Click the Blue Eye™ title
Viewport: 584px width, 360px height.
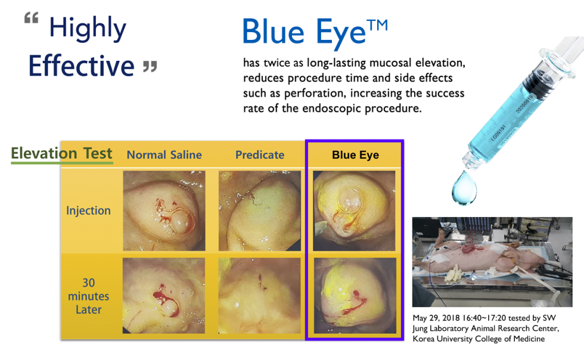314,32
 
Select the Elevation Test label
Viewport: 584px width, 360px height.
61,153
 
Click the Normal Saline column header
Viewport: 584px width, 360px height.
164,155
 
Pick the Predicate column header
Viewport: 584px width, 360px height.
259,155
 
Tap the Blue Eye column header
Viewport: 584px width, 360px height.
355,155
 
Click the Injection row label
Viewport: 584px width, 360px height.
88,210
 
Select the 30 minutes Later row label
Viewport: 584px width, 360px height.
88,296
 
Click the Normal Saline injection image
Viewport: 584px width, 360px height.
164,210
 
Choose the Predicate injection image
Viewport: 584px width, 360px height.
259,210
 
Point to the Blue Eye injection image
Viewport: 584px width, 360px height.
354,210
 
